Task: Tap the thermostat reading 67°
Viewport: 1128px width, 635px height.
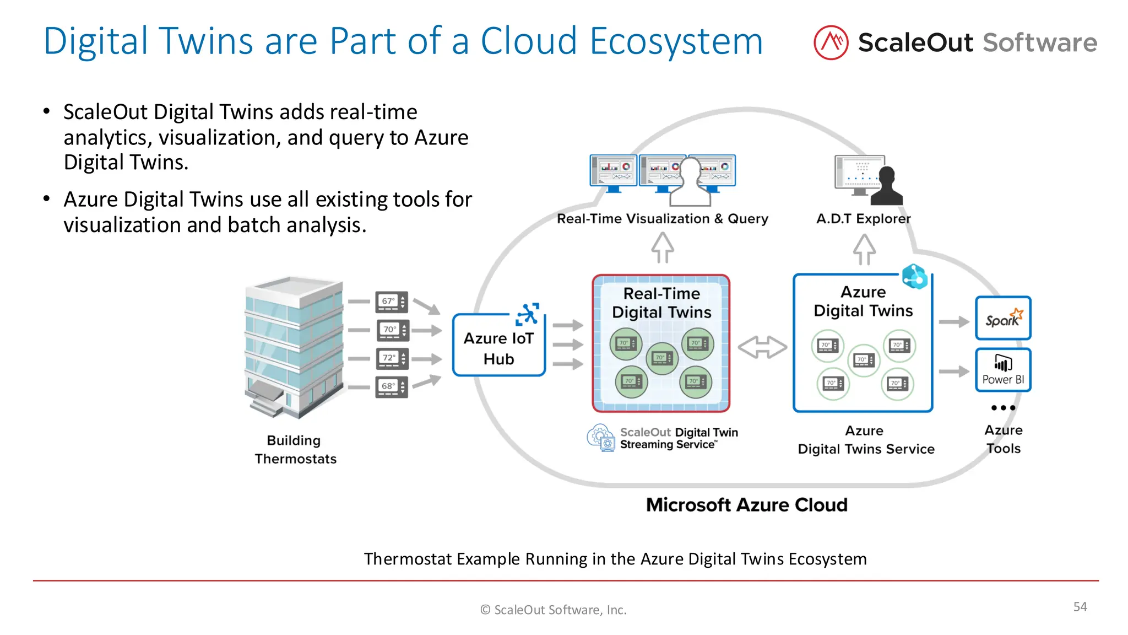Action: [x=392, y=302]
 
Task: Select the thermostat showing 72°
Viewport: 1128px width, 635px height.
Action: [x=392, y=358]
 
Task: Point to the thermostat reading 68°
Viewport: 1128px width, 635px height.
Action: [x=392, y=386]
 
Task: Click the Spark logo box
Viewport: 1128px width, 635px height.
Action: [x=1002, y=318]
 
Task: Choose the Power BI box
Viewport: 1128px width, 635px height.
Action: [x=1002, y=370]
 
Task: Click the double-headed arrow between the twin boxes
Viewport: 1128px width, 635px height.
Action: [x=762, y=347]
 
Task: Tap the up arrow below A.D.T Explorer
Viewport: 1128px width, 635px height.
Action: [x=864, y=250]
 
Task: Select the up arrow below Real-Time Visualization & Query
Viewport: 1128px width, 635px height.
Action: [x=663, y=247]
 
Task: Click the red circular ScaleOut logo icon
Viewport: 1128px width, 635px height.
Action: [x=831, y=42]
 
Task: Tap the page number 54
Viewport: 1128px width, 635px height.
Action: [x=1080, y=607]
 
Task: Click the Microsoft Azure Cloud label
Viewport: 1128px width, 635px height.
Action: [x=746, y=505]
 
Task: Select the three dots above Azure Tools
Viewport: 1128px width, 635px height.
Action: [x=1002, y=408]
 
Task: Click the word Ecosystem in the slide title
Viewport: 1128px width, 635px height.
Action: [x=676, y=41]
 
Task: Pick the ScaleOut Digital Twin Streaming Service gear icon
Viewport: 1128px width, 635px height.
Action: [x=600, y=438]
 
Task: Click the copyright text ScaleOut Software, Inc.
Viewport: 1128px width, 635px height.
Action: [x=554, y=610]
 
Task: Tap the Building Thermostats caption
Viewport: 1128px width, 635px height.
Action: [x=295, y=449]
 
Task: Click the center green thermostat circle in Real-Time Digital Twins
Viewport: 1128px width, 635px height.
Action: [x=662, y=358]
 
